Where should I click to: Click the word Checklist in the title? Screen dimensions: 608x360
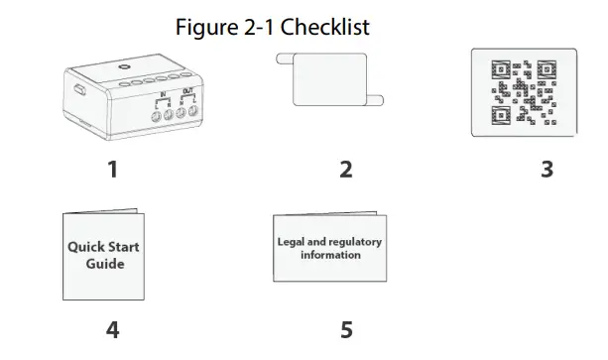pos(325,27)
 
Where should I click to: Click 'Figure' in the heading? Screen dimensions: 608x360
pos(204,27)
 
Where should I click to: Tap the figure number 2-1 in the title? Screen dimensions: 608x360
pos(257,27)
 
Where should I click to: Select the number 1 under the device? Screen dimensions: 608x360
pos(112,170)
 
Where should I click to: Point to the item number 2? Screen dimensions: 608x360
pos(345,170)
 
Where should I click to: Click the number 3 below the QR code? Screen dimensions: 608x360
pos(546,170)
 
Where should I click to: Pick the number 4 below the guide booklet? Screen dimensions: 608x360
pos(112,330)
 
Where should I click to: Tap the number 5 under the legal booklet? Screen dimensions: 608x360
pos(345,330)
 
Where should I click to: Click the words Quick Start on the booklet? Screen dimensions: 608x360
pos(103,247)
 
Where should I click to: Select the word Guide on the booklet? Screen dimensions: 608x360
pos(104,264)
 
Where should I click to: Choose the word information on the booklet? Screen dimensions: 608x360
pos(330,255)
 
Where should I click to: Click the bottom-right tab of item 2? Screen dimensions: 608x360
pos(382,99)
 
